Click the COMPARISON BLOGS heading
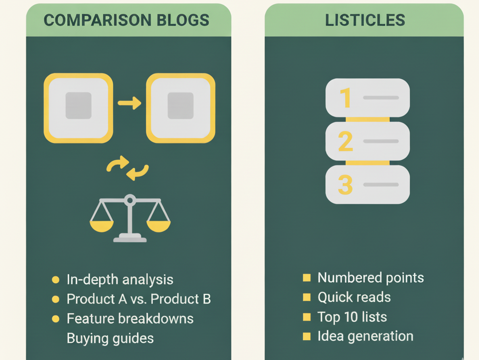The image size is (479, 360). (127, 20)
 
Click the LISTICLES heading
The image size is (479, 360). (365, 20)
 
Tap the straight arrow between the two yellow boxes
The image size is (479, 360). (129, 103)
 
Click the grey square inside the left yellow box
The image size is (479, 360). (78, 106)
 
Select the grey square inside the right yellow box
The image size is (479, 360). (180, 106)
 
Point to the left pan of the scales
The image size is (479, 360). (102, 225)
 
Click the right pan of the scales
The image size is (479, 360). (158, 225)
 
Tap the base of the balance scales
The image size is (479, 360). (130, 238)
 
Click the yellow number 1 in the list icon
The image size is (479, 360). (346, 98)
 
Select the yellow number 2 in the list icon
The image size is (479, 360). (346, 142)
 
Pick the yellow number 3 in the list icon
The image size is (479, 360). (346, 185)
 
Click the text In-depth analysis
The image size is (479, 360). (120, 279)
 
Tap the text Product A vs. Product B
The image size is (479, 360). (139, 299)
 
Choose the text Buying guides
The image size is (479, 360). (110, 338)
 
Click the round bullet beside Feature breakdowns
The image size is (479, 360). (56, 319)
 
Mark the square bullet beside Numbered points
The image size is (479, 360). (307, 278)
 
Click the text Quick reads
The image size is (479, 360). (354, 297)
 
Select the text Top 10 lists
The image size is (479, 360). (352, 317)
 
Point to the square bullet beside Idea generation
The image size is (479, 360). (307, 336)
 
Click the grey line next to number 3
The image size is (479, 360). (381, 185)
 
